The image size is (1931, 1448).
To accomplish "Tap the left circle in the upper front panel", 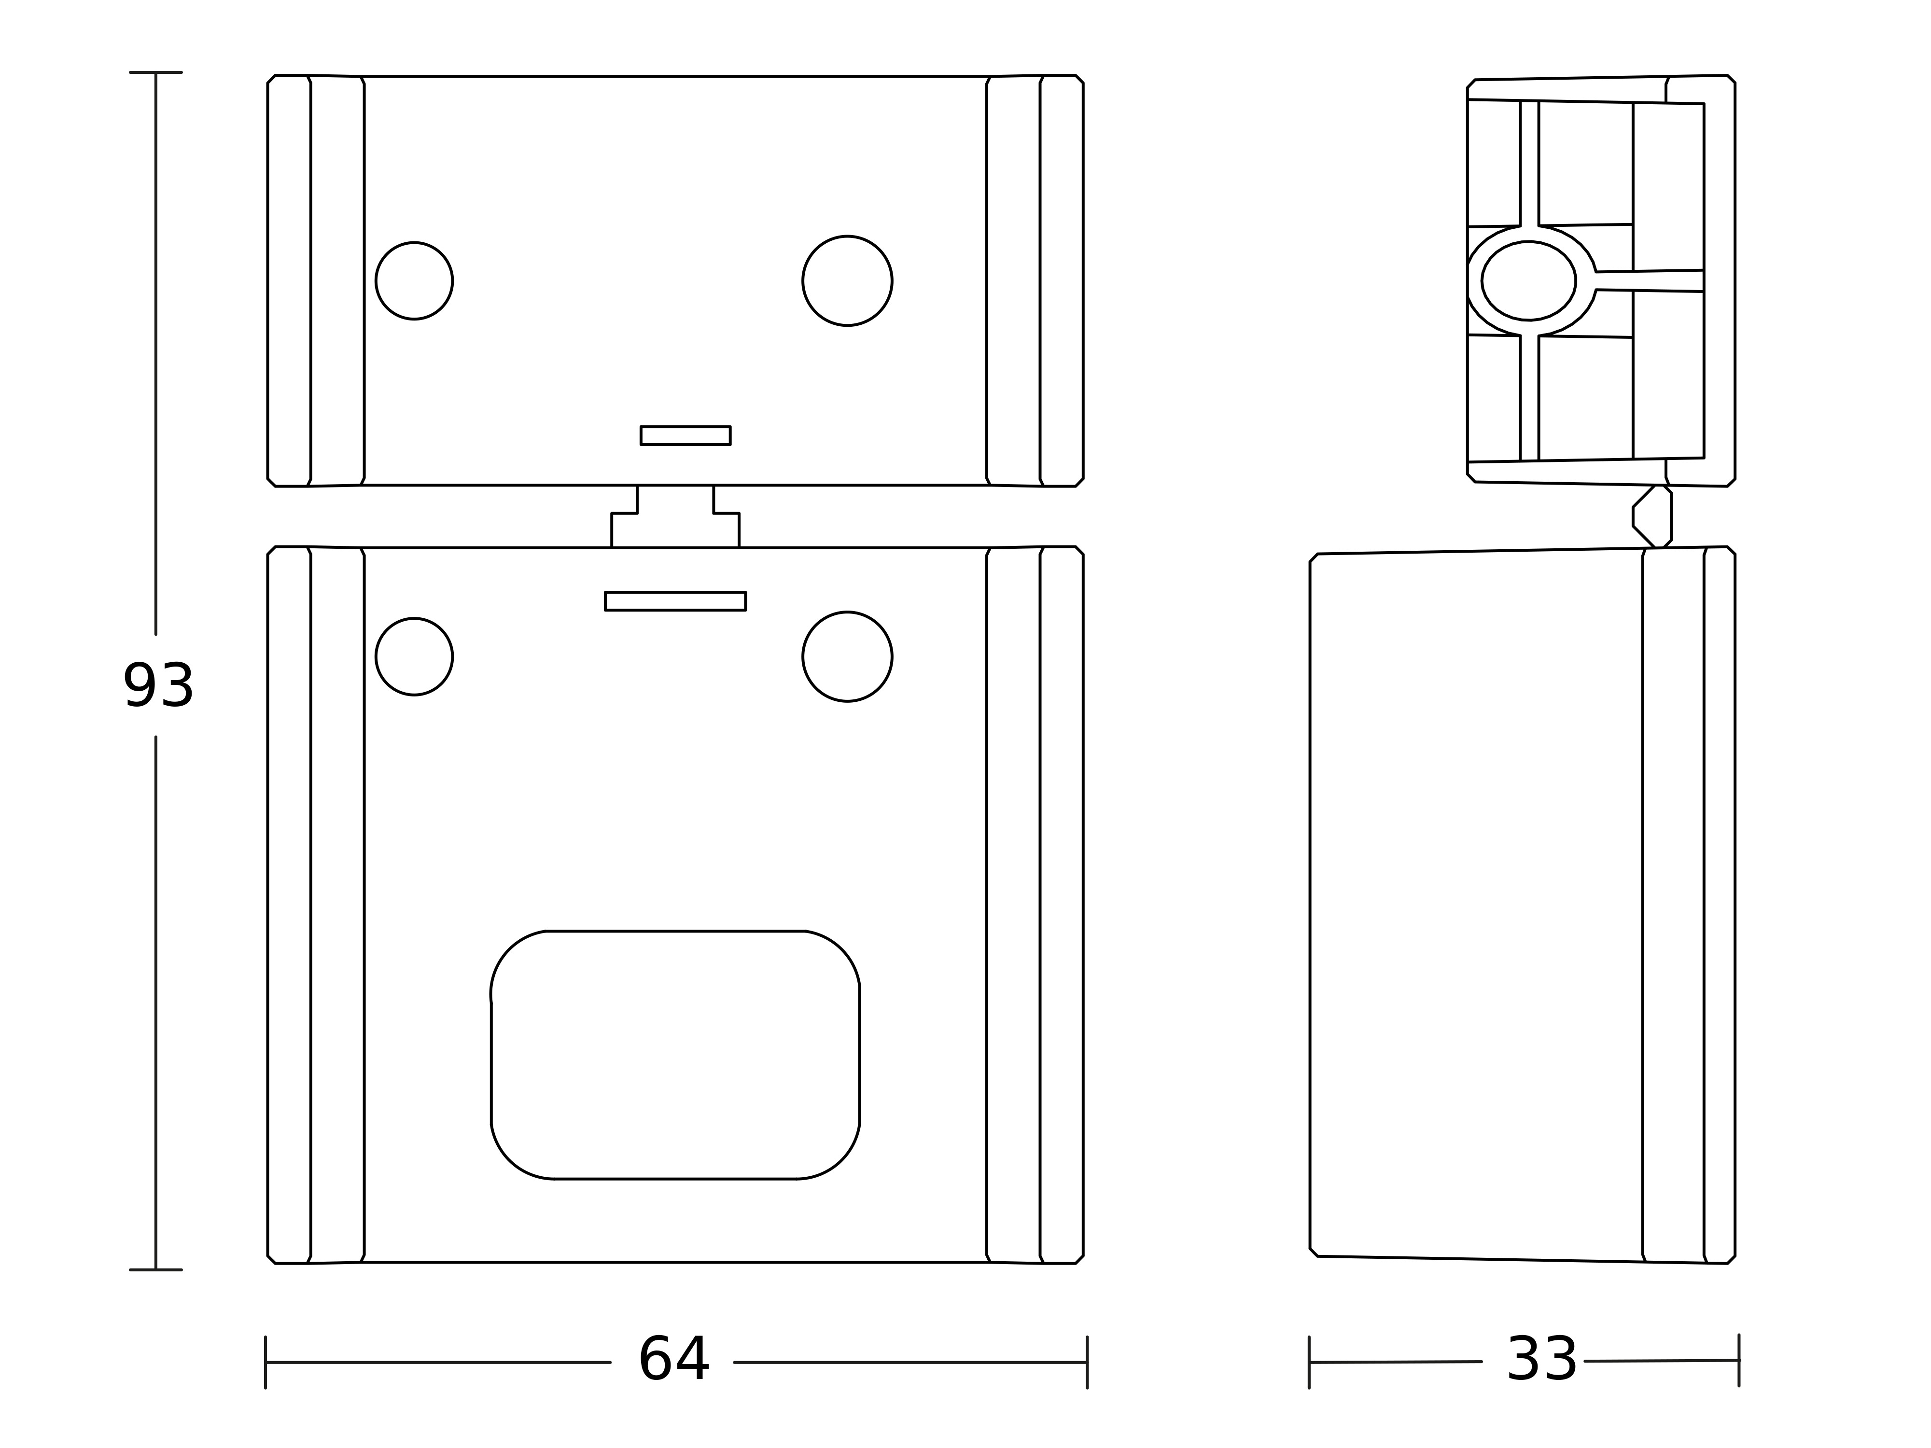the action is (414, 281).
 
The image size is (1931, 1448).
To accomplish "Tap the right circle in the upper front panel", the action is (847, 281).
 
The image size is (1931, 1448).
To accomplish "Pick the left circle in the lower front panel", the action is (414, 656).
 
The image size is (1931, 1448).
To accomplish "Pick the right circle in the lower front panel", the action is (847, 656).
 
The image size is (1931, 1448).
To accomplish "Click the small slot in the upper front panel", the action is (686, 435).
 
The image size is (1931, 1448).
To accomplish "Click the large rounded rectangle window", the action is (675, 1055).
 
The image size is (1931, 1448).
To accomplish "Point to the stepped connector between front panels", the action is (675, 517).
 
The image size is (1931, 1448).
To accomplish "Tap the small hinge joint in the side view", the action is (1651, 517).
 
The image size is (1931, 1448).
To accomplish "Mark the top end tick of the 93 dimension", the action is (155, 72).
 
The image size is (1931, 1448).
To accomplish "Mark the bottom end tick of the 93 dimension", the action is (155, 1270).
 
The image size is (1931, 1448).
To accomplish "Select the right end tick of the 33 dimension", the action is (1739, 1360).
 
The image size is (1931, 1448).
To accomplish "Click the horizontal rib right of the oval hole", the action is (1649, 280).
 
